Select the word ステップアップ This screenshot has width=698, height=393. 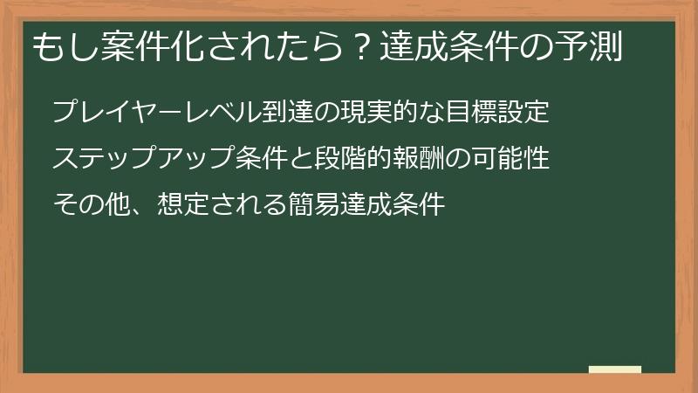(143, 159)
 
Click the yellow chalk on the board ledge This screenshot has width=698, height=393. (614, 369)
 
